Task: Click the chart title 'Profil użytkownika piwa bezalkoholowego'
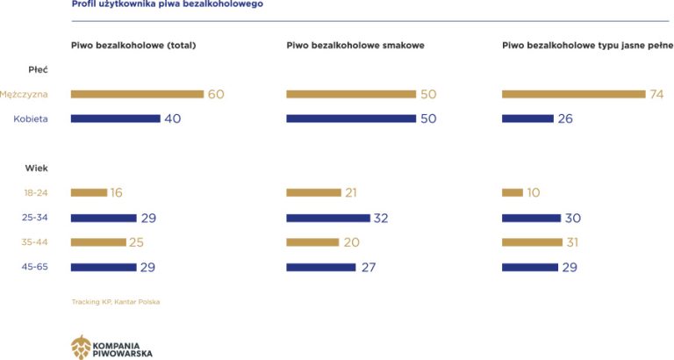[x=166, y=4]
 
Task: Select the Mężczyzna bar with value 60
[x=137, y=94]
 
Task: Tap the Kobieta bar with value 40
[x=115, y=119]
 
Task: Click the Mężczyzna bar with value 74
[x=572, y=94]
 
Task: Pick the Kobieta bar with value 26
[x=527, y=119]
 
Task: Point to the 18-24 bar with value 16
[x=89, y=192]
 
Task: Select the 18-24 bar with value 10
[x=512, y=192]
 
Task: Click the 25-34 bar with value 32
[x=328, y=218]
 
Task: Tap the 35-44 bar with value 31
[x=532, y=242]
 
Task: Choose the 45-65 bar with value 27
[x=321, y=267]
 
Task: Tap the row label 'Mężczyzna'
[x=25, y=94]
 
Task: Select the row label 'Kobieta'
[x=31, y=119]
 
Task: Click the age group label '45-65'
[x=35, y=267]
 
